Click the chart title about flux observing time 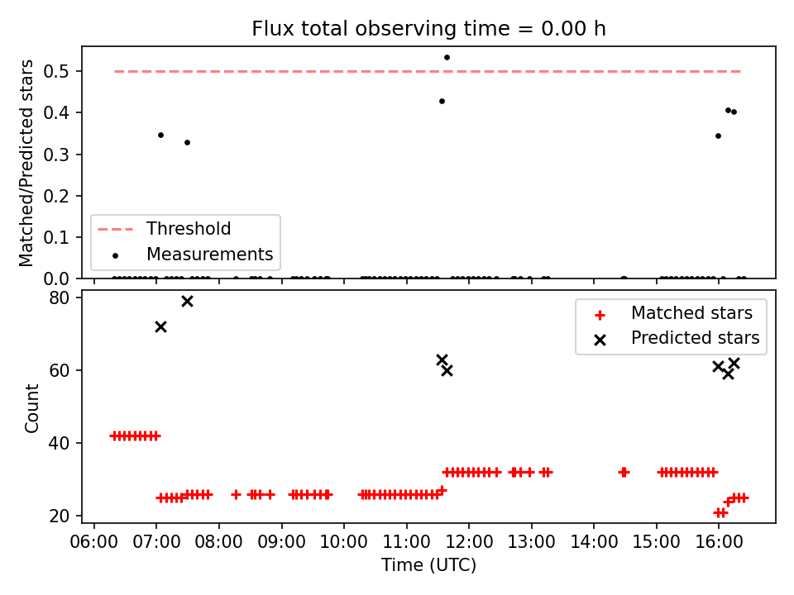click(x=428, y=28)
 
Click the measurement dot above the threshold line click(x=447, y=58)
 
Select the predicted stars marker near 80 click(x=187, y=302)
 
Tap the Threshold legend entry click(x=164, y=229)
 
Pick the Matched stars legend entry click(x=673, y=313)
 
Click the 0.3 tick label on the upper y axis click(x=55, y=155)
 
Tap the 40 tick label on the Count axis click(x=59, y=443)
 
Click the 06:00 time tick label click(x=93, y=542)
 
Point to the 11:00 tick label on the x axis click(x=406, y=542)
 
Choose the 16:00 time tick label click(x=719, y=542)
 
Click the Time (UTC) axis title click(x=428, y=564)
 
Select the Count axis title click(x=31, y=408)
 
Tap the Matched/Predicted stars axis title click(x=26, y=163)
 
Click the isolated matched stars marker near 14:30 click(x=624, y=473)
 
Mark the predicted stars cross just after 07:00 click(x=160, y=327)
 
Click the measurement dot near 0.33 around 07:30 click(x=187, y=143)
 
